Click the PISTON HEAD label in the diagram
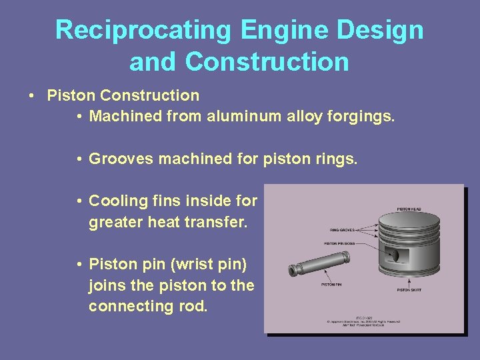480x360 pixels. pos(409,209)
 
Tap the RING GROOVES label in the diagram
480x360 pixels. pos(342,230)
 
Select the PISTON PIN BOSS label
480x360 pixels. pos(340,243)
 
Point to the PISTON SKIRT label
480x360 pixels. pos(409,290)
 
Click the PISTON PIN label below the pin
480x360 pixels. pos(331,285)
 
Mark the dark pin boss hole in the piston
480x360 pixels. pos(393,256)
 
